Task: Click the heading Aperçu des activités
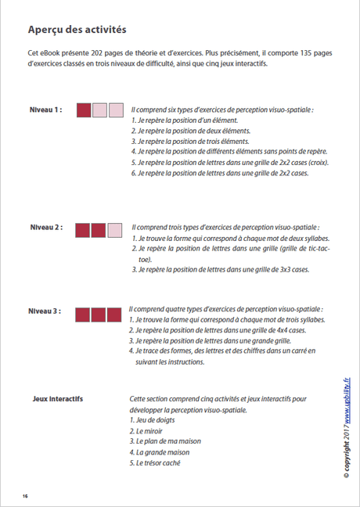point(76,30)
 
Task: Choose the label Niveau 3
point(46,311)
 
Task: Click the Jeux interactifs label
point(58,399)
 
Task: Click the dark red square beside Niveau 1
point(84,110)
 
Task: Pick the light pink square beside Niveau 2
point(115,230)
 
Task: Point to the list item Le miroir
point(149,431)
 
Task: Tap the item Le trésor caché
point(157,462)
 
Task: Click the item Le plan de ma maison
point(165,441)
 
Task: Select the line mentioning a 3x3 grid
point(224,269)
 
